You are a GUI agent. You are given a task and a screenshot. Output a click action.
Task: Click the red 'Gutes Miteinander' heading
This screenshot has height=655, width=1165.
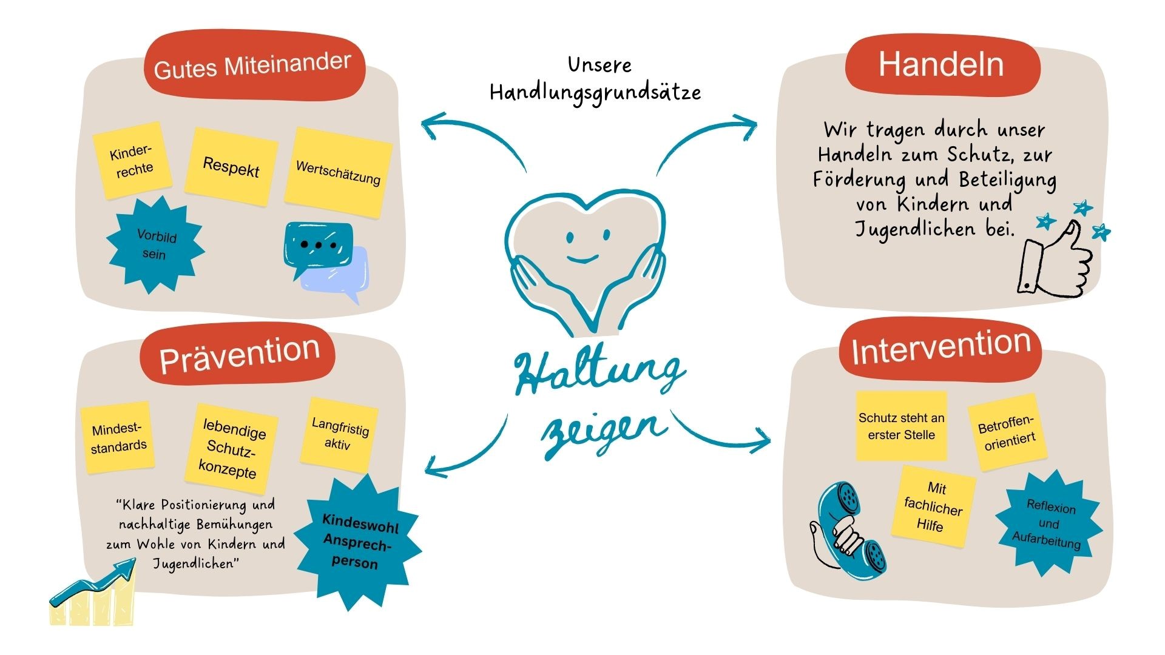coord(254,65)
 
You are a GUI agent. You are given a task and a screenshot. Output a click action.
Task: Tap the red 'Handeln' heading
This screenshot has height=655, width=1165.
coord(941,65)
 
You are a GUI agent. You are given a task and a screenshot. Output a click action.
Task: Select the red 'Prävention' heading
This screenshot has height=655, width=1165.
coord(238,355)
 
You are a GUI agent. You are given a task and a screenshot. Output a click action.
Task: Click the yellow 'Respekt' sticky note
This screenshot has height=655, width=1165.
coord(231,166)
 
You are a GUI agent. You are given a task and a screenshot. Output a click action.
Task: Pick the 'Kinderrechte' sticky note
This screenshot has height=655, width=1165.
coord(132,161)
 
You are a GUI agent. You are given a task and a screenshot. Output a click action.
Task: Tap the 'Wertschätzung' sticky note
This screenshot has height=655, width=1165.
coord(338,172)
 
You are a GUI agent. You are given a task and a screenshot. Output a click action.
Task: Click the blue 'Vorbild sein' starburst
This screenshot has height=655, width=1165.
coord(155,244)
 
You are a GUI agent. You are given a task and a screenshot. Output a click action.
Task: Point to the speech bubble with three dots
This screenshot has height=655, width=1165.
coord(319,244)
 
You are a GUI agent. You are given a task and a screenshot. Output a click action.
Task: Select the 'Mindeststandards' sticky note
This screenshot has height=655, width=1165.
coord(118,437)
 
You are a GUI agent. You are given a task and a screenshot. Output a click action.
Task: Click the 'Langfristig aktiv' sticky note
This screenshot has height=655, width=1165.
coord(339,433)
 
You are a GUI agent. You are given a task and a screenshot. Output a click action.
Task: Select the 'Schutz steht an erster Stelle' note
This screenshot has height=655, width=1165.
coord(901,426)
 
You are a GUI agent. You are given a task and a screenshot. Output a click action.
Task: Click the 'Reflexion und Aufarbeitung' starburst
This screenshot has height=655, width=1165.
coord(1048,523)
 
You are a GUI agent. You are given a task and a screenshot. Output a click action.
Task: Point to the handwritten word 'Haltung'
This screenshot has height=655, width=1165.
coord(598,373)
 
